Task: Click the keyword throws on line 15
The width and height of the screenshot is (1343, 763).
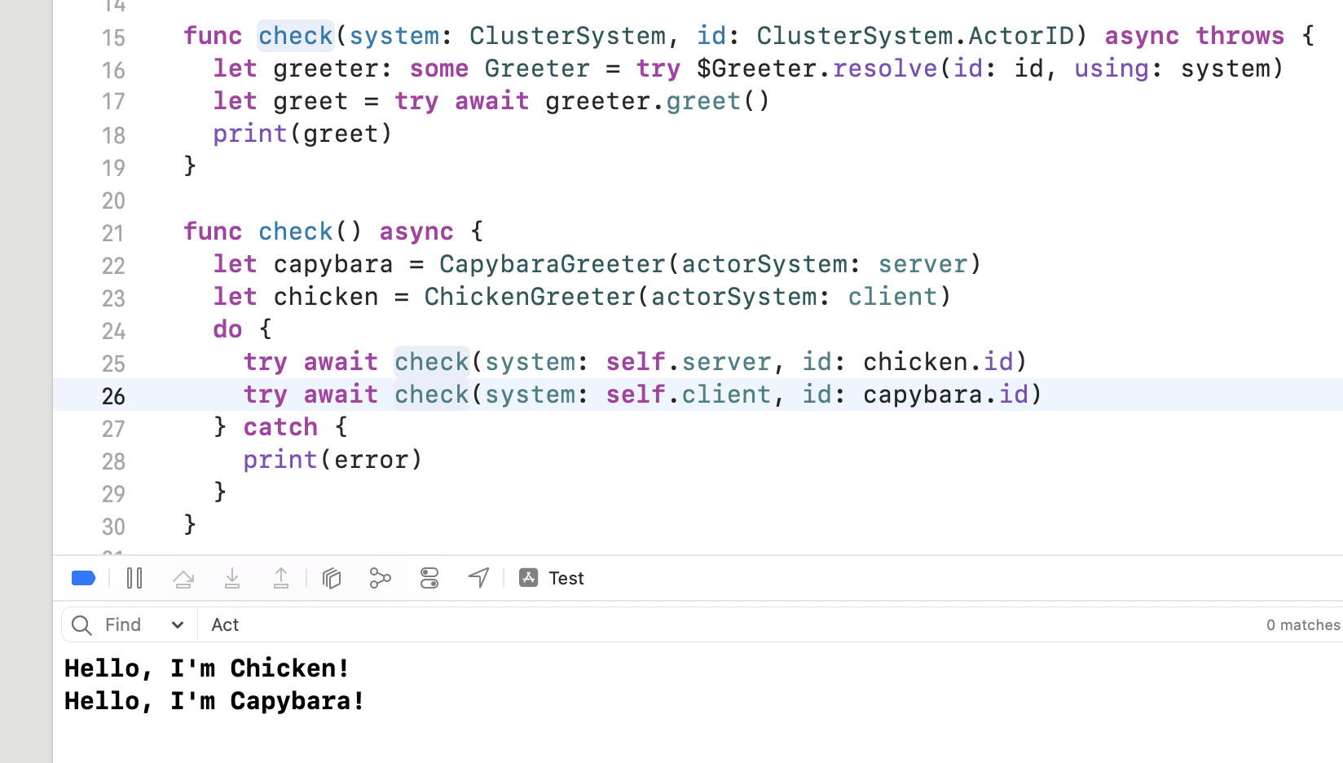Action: coord(1240,36)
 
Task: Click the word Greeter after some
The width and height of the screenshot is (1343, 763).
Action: coord(536,68)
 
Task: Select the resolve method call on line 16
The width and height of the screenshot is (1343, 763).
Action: coord(885,68)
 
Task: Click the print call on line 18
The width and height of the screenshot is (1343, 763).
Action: coord(249,134)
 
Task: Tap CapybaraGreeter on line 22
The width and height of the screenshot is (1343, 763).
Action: coord(553,264)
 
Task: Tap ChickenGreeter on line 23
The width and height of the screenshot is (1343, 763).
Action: coord(530,297)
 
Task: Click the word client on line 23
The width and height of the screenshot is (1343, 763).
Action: coord(892,297)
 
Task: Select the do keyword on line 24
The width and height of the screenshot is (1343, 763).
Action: coord(227,329)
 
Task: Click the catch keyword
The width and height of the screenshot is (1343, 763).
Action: coord(280,427)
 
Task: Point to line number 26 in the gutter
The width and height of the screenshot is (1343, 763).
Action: coord(113,396)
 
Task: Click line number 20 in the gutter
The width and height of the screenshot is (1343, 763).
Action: coord(113,201)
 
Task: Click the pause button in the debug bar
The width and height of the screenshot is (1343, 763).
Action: coord(134,578)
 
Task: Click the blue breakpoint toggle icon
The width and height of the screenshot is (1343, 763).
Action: coord(83,578)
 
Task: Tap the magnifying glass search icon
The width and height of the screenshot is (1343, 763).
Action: coord(81,625)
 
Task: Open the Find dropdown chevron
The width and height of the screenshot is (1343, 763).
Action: coord(177,625)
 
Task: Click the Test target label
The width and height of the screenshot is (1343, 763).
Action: coord(566,578)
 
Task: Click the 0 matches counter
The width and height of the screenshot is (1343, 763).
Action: coord(1302,625)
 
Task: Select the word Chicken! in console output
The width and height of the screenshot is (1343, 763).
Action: coord(289,668)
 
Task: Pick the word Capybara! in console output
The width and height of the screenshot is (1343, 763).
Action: coord(297,701)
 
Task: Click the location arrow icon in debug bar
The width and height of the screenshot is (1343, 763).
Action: coord(478,578)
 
